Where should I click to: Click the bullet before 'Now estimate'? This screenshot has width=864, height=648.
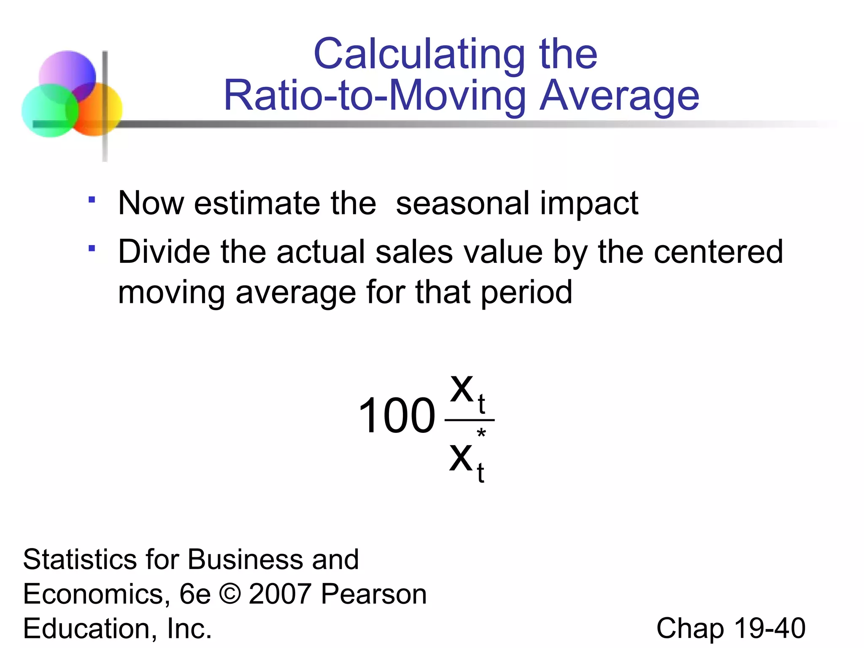(x=92, y=200)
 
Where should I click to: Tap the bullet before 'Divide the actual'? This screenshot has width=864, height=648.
(x=92, y=248)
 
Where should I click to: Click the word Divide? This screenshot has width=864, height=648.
(x=164, y=252)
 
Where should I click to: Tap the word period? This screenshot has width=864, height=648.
(x=526, y=293)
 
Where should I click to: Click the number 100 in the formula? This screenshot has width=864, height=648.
(x=396, y=416)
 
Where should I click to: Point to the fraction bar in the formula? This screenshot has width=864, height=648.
(x=469, y=420)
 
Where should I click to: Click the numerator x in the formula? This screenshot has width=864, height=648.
(x=462, y=389)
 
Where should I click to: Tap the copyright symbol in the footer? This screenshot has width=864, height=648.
(x=229, y=594)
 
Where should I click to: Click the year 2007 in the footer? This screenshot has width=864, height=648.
(x=280, y=594)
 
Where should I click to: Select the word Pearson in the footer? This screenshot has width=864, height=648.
(x=374, y=594)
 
